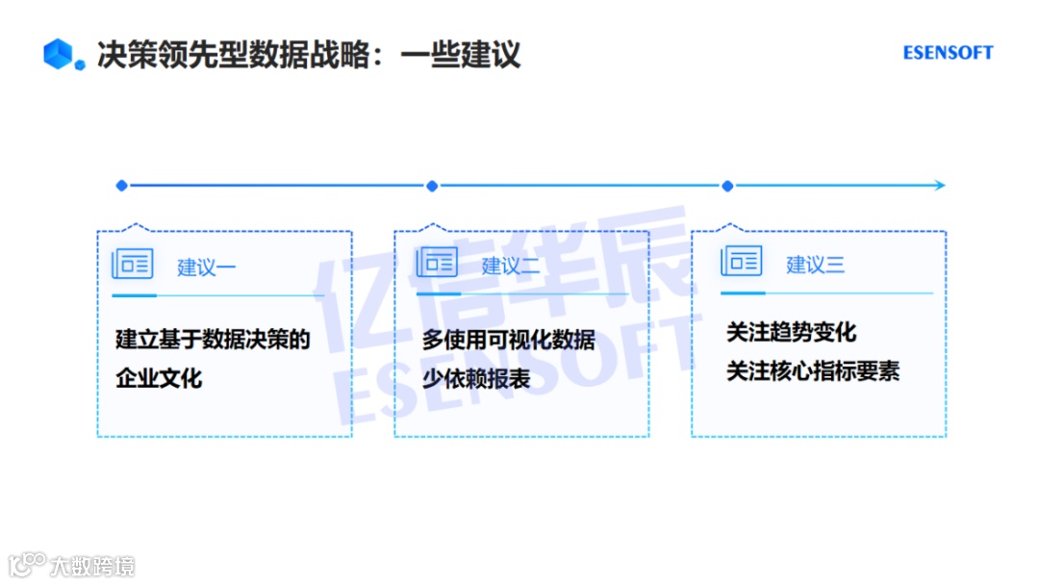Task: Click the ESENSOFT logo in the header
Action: tap(948, 53)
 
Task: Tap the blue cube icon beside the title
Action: tap(59, 54)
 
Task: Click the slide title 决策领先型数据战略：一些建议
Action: tap(308, 54)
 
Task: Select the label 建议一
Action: tap(206, 267)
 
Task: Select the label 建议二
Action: tap(511, 267)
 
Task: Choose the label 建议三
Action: tap(815, 265)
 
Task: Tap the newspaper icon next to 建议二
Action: tap(437, 263)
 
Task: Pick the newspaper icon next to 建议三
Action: tap(741, 261)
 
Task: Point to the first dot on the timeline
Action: tap(121, 186)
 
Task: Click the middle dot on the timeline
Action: tap(432, 186)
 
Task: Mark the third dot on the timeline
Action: tap(727, 186)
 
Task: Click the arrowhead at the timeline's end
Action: tap(940, 186)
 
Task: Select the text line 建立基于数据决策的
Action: tap(213, 340)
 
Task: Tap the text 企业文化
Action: tap(159, 378)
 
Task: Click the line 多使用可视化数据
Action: tap(509, 341)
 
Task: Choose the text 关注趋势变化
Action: tap(791, 334)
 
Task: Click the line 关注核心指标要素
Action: tap(813, 372)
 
